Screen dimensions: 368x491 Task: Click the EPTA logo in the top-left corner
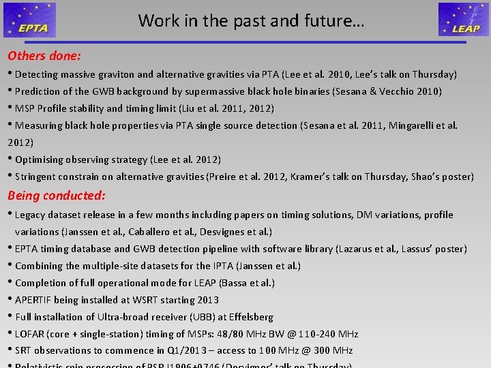pos(29,19)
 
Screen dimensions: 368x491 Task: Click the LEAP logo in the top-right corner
pos(463,19)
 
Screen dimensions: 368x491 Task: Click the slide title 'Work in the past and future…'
pos(251,20)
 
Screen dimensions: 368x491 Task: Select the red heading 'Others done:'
pos(44,56)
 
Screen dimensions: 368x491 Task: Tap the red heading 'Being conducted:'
pos(57,196)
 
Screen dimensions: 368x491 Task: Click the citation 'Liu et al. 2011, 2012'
pos(225,108)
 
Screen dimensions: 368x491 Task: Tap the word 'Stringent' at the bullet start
pos(38,177)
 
